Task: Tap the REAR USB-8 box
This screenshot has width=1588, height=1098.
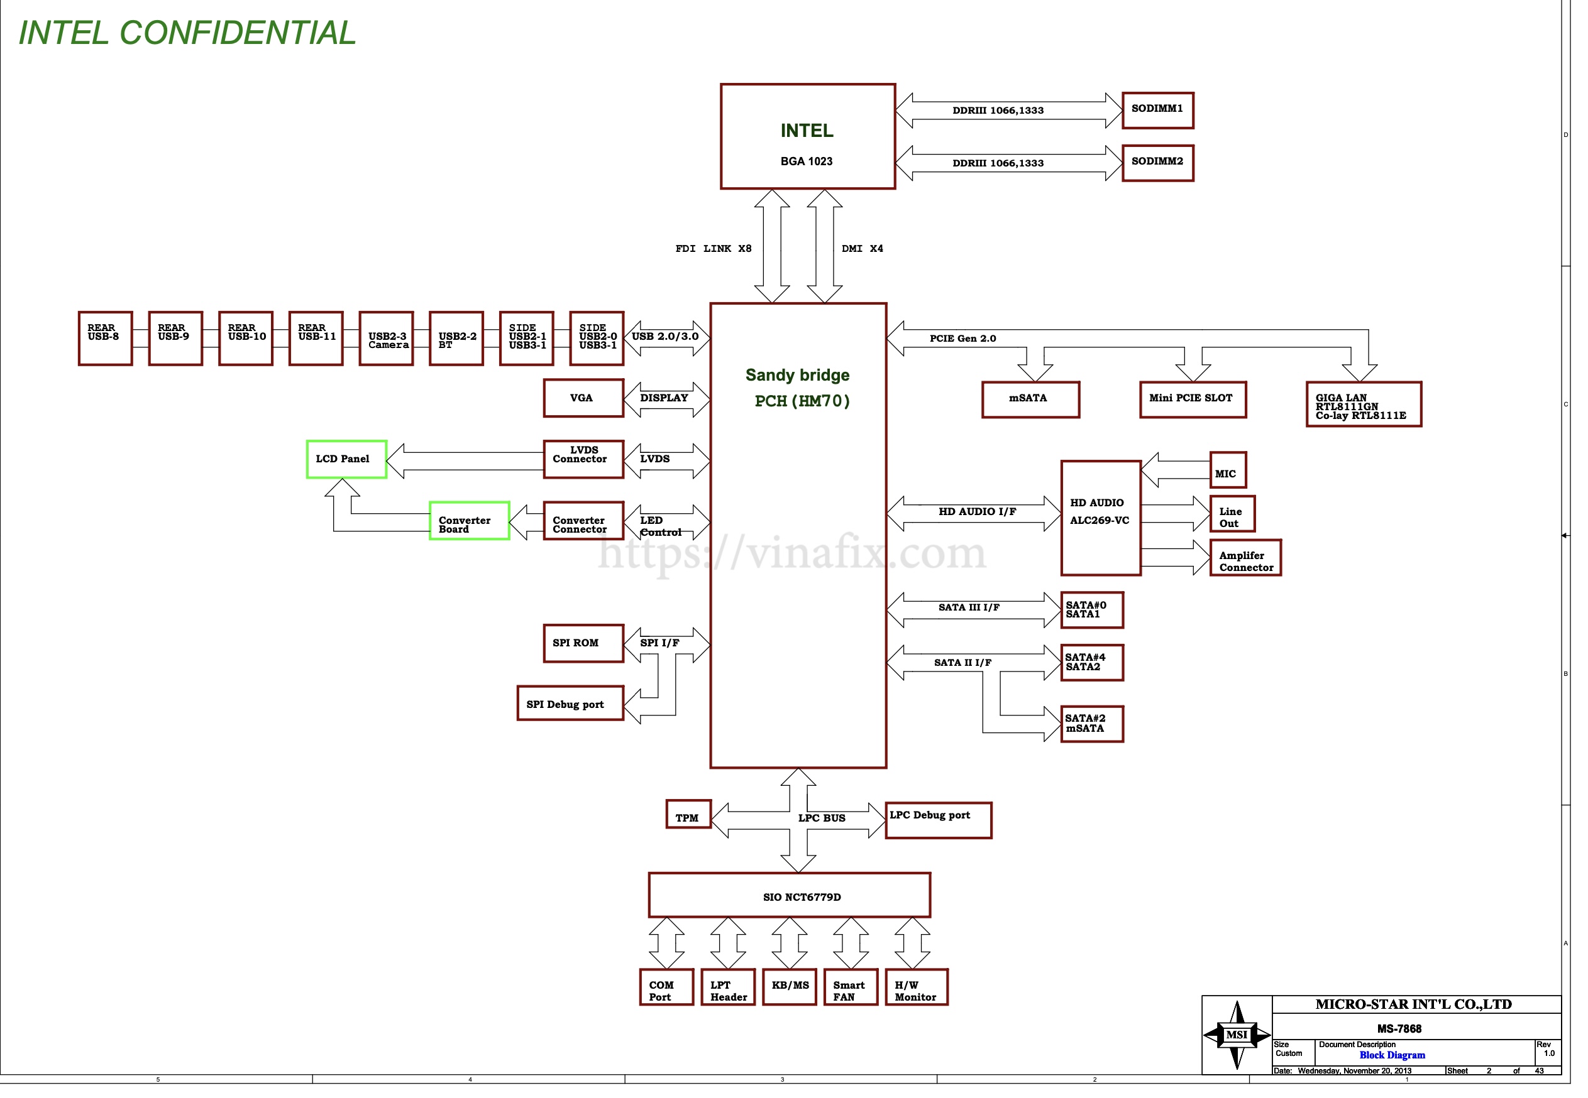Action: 106,338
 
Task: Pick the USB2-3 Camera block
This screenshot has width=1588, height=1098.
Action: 386,338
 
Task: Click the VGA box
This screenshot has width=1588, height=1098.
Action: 583,398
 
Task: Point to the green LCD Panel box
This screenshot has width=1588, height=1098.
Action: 346,459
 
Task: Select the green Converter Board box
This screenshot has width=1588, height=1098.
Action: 469,521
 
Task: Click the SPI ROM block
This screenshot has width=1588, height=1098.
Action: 583,643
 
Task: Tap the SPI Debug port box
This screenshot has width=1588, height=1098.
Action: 570,703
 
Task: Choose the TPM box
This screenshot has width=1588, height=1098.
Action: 688,815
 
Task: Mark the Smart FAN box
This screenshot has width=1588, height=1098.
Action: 850,987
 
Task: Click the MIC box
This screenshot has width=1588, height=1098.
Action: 1227,470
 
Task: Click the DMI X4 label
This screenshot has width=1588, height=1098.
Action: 862,248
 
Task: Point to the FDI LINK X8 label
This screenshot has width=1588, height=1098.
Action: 713,248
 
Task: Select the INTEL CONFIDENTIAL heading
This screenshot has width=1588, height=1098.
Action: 187,32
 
